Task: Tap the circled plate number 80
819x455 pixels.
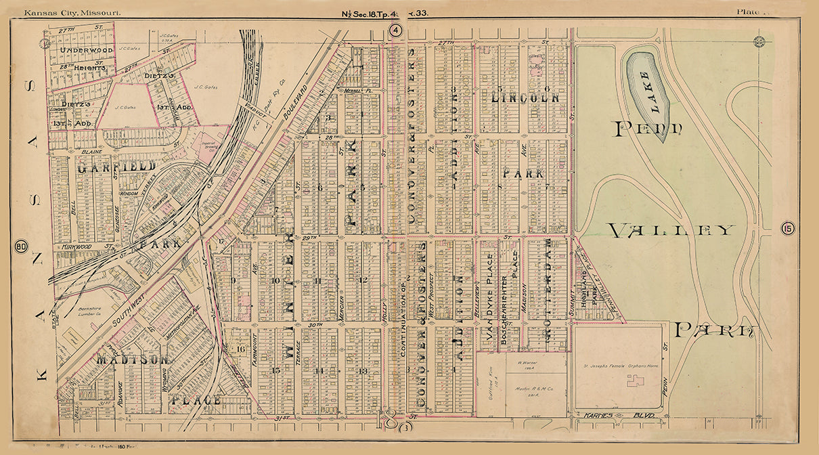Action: click(22, 246)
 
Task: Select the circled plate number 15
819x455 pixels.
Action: click(787, 228)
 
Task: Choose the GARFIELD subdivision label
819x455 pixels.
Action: click(116, 165)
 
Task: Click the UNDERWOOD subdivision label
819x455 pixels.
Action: click(85, 50)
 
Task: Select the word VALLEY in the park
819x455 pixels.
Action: click(671, 231)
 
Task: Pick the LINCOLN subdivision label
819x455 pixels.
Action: click(526, 97)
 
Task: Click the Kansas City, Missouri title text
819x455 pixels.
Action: click(62, 12)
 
